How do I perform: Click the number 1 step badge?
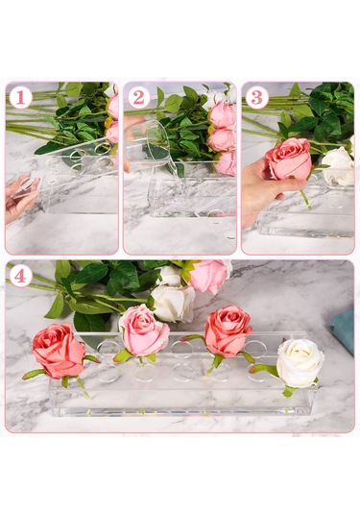20,98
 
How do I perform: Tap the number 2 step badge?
139,98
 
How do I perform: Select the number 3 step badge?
257,98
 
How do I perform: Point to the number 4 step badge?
20,277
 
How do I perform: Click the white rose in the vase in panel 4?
300,363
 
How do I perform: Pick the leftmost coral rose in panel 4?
59,351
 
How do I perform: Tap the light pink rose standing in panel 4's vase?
143,330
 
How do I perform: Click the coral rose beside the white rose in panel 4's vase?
228,330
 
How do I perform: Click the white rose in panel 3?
337,166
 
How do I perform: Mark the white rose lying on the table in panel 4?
173,304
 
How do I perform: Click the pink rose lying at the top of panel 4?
208,276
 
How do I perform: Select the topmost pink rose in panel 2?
222,114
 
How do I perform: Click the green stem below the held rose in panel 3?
305,199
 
